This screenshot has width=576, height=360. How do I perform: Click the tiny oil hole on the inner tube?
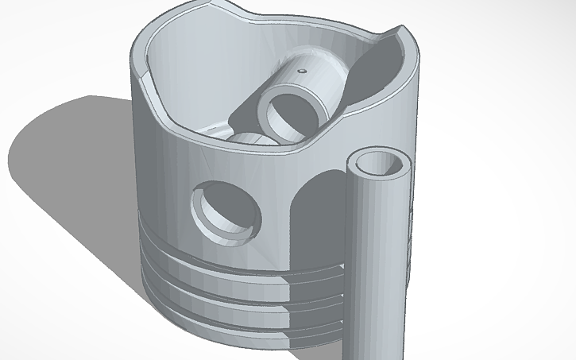[x=302, y=71]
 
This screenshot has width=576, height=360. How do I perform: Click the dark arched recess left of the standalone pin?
[x=318, y=215]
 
